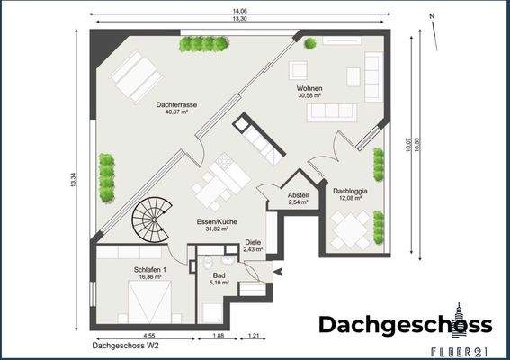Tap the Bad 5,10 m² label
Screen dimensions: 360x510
[219, 278]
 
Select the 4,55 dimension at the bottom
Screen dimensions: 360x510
[148, 336]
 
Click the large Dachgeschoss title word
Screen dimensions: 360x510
[405, 325]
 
